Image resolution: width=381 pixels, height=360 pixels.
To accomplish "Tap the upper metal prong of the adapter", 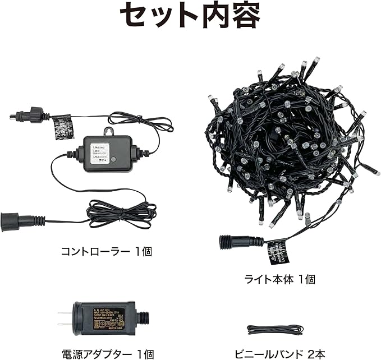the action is (x=62, y=312).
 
